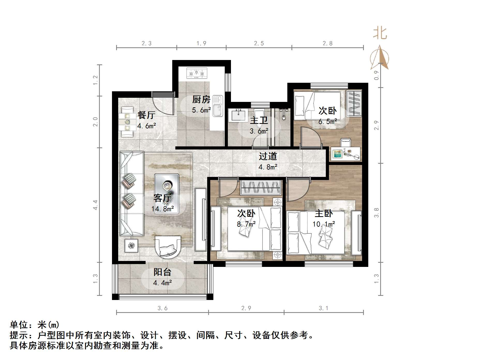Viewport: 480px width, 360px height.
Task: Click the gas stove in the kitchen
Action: click(x=197, y=73)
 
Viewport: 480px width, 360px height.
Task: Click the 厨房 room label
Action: click(x=201, y=99)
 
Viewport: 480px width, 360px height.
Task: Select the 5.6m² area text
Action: click(x=201, y=110)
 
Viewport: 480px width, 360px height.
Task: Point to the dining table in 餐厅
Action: click(x=127, y=122)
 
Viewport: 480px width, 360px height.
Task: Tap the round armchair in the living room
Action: click(x=168, y=247)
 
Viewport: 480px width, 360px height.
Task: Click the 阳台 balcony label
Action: click(x=162, y=272)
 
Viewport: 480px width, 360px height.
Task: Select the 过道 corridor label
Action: click(x=268, y=156)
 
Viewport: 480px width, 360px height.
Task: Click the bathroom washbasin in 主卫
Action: click(x=238, y=115)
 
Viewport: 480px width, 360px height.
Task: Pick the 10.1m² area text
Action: click(x=324, y=224)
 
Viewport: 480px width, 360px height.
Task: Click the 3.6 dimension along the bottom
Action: click(x=162, y=308)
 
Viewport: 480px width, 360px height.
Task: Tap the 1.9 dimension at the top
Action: click(x=201, y=43)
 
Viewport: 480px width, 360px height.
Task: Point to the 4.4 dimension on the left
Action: click(x=95, y=205)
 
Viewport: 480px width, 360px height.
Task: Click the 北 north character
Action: click(x=380, y=33)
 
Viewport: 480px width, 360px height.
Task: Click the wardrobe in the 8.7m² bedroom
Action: click(x=260, y=187)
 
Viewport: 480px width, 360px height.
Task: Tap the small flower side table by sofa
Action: click(x=131, y=246)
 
